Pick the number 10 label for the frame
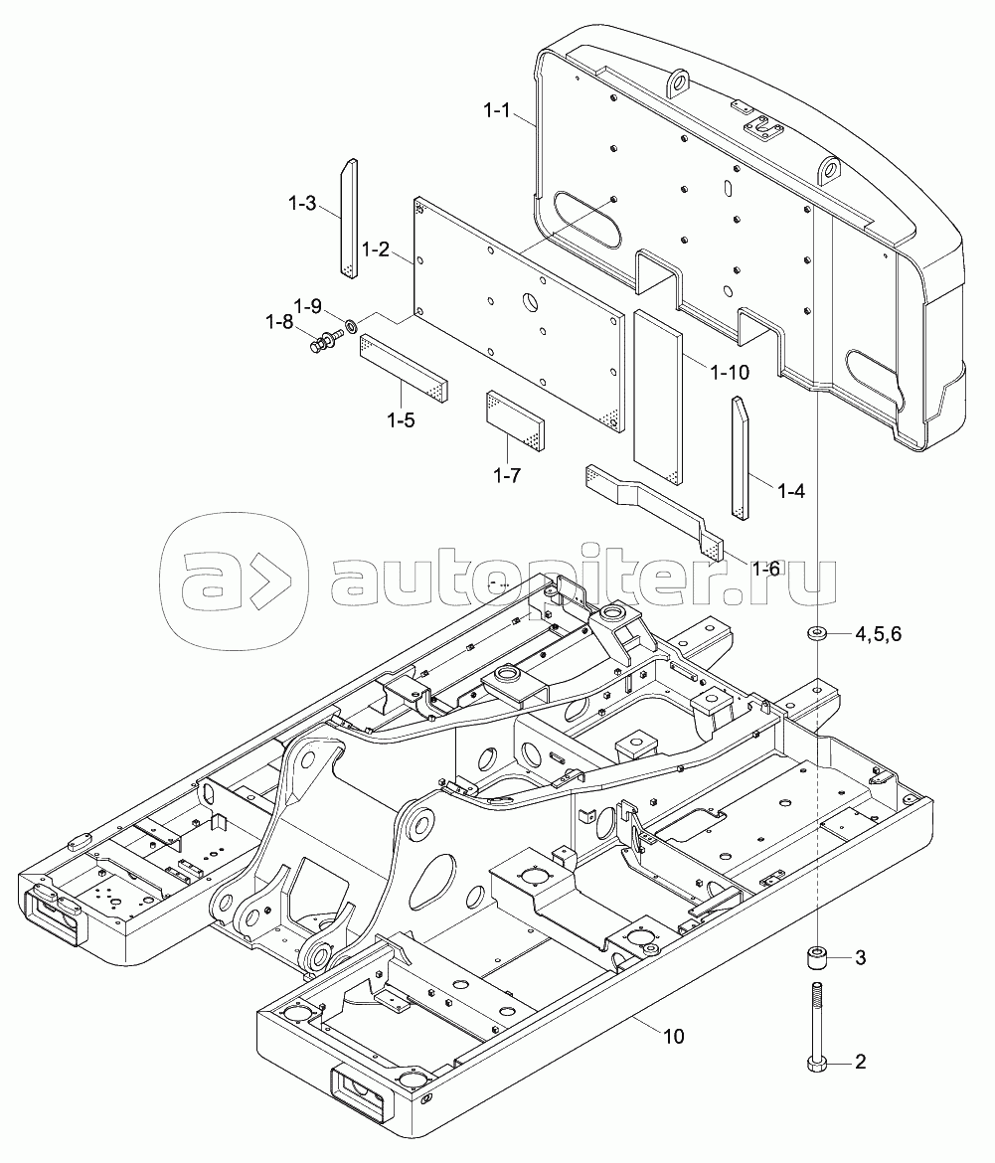[x=673, y=1036]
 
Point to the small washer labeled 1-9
[x=350, y=324]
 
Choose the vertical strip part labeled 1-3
[x=347, y=216]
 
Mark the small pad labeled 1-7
[x=516, y=419]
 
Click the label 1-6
[x=767, y=569]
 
